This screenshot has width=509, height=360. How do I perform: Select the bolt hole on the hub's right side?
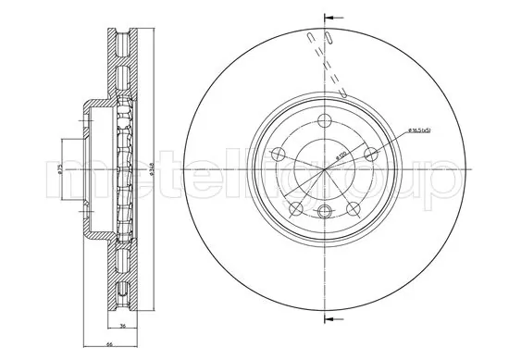(x=370, y=154)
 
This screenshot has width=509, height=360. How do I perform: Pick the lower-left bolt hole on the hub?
(x=294, y=209)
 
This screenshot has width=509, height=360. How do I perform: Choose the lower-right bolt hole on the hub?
(x=353, y=209)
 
